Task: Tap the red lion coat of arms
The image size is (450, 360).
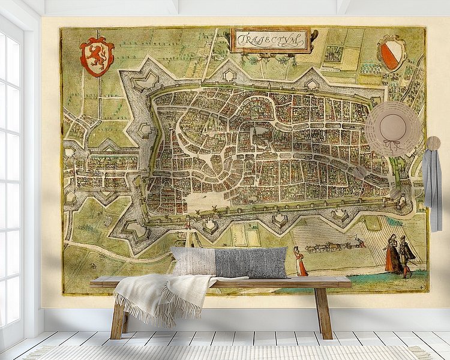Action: pyautogui.click(x=97, y=56)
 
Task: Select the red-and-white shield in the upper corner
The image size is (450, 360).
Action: pyautogui.click(x=392, y=52)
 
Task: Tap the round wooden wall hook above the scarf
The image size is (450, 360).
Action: pyautogui.click(x=433, y=143)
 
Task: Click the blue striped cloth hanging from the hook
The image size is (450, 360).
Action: pyautogui.click(x=432, y=186)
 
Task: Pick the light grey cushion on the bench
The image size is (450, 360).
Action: pyautogui.click(x=193, y=260)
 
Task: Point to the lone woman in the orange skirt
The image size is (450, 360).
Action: pyautogui.click(x=299, y=262)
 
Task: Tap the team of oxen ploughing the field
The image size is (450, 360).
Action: pyautogui.click(x=327, y=245)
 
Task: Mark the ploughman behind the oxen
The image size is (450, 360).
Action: pyautogui.click(x=359, y=242)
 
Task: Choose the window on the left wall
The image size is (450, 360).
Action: pyautogui.click(x=12, y=180)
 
